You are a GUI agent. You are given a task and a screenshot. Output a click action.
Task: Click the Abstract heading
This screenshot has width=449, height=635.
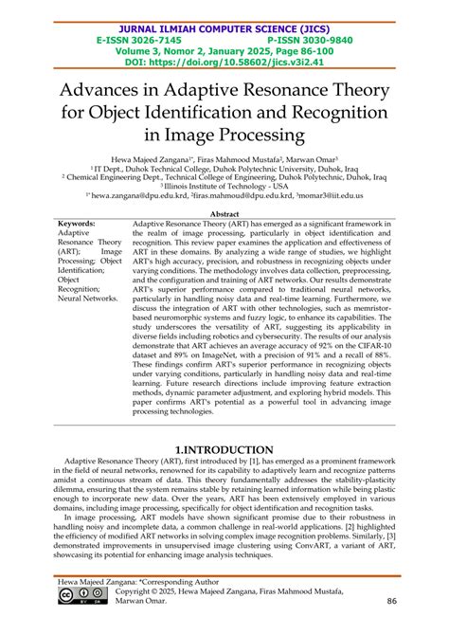tap(224, 213)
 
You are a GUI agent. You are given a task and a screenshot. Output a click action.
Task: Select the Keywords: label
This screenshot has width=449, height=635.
tap(77, 224)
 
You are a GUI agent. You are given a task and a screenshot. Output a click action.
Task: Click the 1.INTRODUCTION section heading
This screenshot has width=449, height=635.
tap(224, 448)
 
